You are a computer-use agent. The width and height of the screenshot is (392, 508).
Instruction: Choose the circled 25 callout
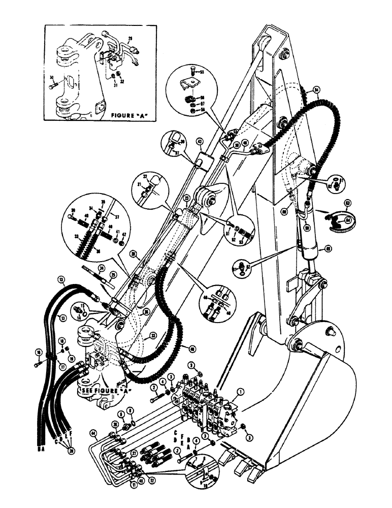tap(113, 274)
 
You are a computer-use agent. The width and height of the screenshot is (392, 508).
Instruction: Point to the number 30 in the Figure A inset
tap(52, 77)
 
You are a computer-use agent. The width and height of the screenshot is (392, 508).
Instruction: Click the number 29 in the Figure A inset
tap(130, 39)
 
